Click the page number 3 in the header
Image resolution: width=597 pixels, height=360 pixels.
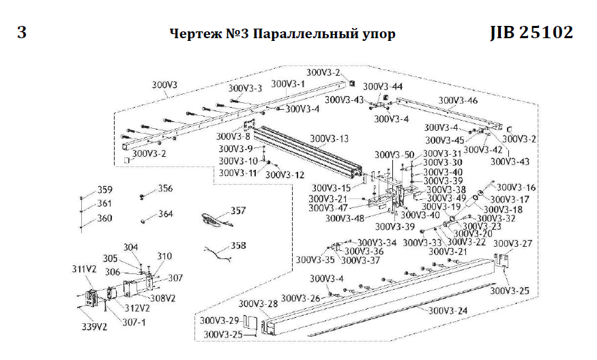[x=22, y=32]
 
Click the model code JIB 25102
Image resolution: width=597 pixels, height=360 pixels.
[x=531, y=32]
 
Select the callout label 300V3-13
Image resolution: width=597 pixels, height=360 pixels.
[x=329, y=138]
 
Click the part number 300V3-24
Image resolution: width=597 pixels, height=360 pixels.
[x=449, y=310]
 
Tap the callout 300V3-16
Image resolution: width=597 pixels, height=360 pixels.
[x=516, y=187]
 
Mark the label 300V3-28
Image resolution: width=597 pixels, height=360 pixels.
[x=259, y=303]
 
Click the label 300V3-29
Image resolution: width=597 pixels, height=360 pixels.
[x=219, y=320]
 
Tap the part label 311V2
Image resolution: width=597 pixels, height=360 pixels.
[x=85, y=269]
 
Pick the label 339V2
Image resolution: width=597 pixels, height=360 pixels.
[x=96, y=327]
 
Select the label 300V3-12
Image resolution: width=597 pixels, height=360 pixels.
[x=285, y=175]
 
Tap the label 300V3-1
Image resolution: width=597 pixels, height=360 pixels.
[x=289, y=84]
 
